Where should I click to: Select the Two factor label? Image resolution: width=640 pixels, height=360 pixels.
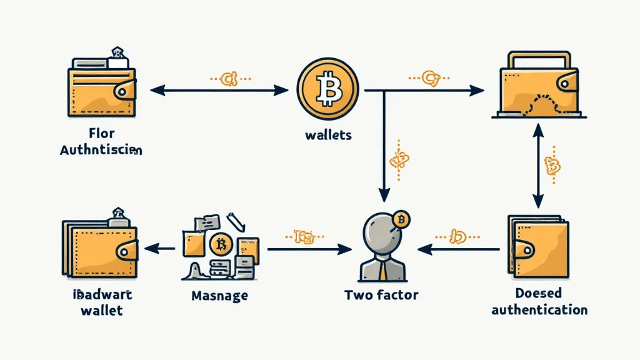[382, 294]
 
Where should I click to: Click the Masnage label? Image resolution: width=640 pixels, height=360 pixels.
[219, 295]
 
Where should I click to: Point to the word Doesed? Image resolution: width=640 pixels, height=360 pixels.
[539, 293]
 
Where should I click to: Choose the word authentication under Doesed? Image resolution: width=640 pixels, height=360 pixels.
[539, 309]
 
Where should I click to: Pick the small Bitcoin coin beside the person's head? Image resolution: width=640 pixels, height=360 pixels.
[402, 219]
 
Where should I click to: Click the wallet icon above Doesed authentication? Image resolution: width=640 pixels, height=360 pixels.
[538, 247]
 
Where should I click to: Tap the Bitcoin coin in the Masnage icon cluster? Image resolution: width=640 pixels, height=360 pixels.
[220, 243]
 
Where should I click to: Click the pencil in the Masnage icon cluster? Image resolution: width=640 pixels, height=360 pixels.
[235, 221]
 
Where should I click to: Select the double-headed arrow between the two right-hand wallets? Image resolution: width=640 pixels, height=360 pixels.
[536, 166]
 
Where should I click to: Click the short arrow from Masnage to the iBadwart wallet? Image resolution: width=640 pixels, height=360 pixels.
[160, 249]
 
